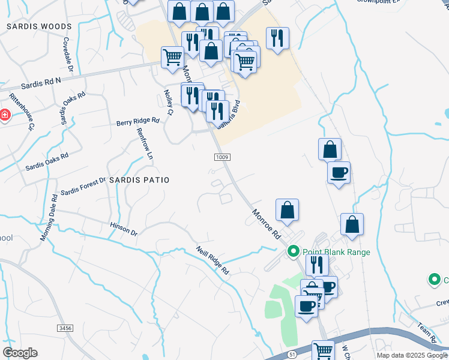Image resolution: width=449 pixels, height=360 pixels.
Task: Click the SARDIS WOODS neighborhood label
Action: pos(39,26)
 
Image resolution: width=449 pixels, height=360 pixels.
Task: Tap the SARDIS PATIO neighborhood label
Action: pos(139,179)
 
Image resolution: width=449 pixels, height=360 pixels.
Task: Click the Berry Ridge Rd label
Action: pos(137,121)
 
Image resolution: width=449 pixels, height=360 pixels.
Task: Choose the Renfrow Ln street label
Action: pos(145,143)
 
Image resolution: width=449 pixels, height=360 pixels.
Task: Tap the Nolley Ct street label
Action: pos(168,103)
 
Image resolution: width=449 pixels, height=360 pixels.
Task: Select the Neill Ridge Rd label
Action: pos(213,260)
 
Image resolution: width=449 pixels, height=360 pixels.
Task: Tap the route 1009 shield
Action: pos(221,157)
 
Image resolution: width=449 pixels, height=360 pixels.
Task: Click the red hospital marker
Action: pos(4,115)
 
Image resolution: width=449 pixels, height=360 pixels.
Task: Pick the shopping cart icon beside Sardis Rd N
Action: pos(172,57)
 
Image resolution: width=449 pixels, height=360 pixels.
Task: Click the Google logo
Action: pos(20,352)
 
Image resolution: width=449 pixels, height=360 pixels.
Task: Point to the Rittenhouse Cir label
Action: pos(21,110)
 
